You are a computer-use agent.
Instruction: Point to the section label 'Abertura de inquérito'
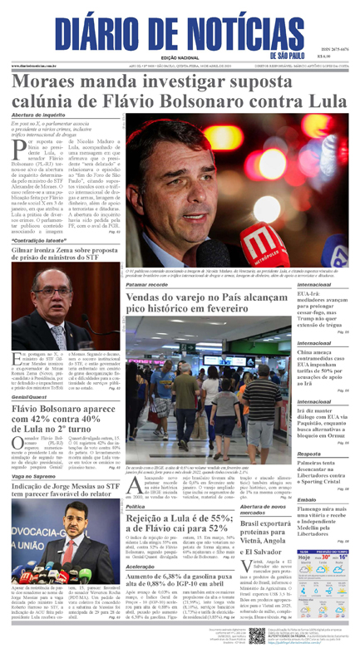(38, 115)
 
